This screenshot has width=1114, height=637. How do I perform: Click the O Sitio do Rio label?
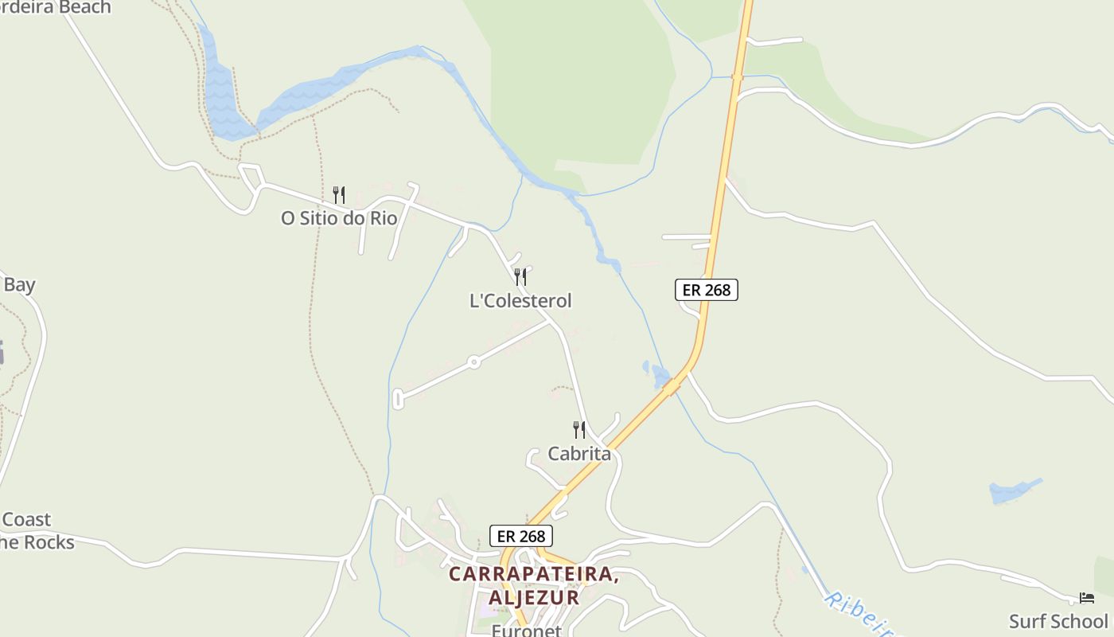pos(339,218)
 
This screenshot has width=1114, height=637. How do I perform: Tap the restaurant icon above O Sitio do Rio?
pos(339,194)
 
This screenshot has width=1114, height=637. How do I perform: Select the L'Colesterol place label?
pos(520,301)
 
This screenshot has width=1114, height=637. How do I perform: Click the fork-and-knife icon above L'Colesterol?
pos(520,276)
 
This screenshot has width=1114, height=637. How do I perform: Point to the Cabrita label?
pos(579,454)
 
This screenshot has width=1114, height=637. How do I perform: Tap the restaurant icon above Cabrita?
pos(579,430)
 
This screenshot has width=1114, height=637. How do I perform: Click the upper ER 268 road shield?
pos(707,290)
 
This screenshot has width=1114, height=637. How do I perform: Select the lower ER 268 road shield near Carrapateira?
pos(520,536)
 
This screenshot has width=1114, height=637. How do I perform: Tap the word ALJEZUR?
pos(534,597)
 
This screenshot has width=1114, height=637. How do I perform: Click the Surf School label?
pos(1058,621)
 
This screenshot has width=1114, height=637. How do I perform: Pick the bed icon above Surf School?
pos(1087,597)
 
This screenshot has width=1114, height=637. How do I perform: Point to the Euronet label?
pos(526,631)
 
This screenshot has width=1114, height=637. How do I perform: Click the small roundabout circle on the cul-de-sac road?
pos(473,362)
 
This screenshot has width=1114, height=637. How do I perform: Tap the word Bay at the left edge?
pos(19,284)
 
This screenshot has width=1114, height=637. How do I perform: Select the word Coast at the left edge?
pos(26,520)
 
